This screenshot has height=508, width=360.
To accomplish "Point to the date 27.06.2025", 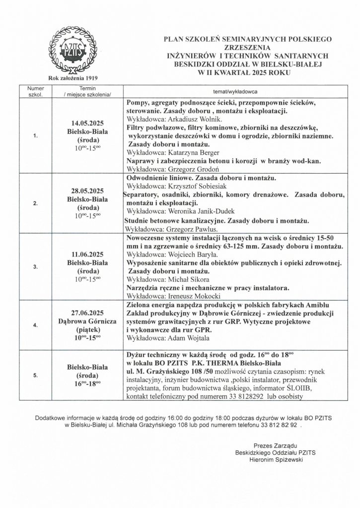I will [87, 314].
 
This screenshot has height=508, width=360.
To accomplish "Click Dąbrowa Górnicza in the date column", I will [87, 321].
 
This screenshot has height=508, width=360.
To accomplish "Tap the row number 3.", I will [35, 266].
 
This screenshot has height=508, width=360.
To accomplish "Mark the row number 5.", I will [35, 376].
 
